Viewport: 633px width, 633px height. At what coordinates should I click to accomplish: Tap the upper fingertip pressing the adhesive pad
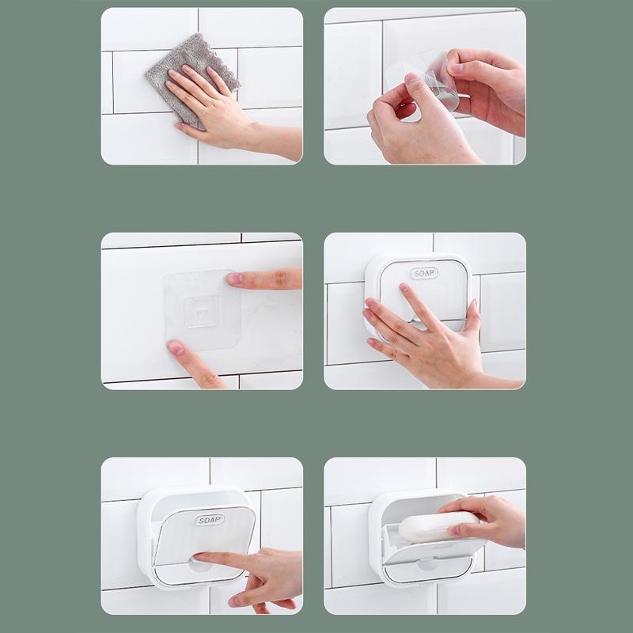tap(234, 279)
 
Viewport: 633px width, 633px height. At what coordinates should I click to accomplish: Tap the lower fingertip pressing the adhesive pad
tap(176, 347)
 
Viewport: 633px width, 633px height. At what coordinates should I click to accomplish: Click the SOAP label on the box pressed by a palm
tap(424, 273)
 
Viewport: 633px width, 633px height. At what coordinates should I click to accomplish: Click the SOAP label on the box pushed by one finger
tap(210, 520)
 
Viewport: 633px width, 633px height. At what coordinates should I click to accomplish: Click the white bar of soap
tap(438, 525)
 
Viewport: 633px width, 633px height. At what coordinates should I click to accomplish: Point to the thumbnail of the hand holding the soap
tap(455, 529)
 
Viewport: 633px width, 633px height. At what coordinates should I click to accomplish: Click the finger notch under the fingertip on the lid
tap(201, 566)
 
